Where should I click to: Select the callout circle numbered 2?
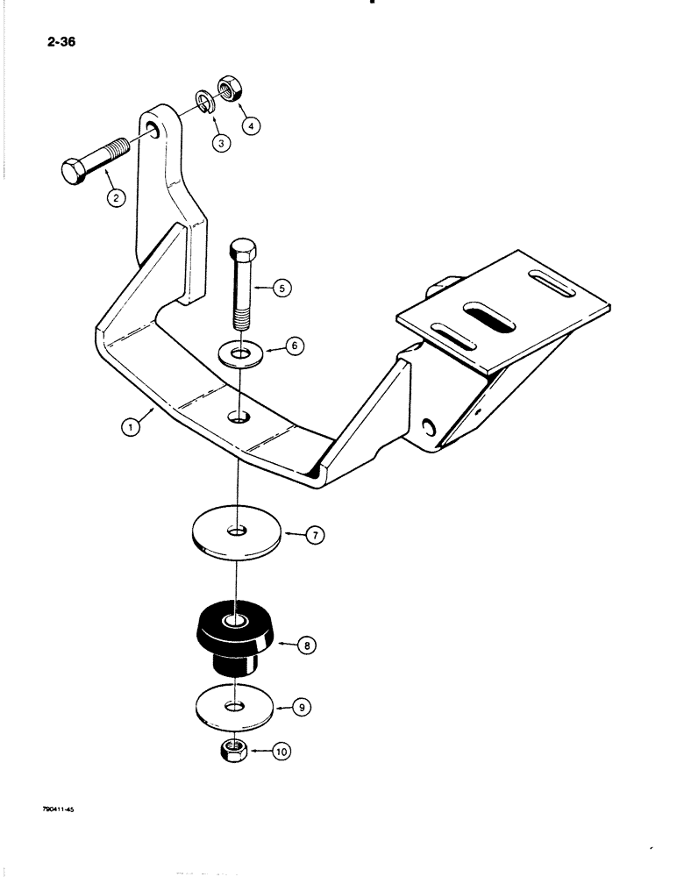point(114,198)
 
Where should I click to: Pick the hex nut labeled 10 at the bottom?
point(236,750)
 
